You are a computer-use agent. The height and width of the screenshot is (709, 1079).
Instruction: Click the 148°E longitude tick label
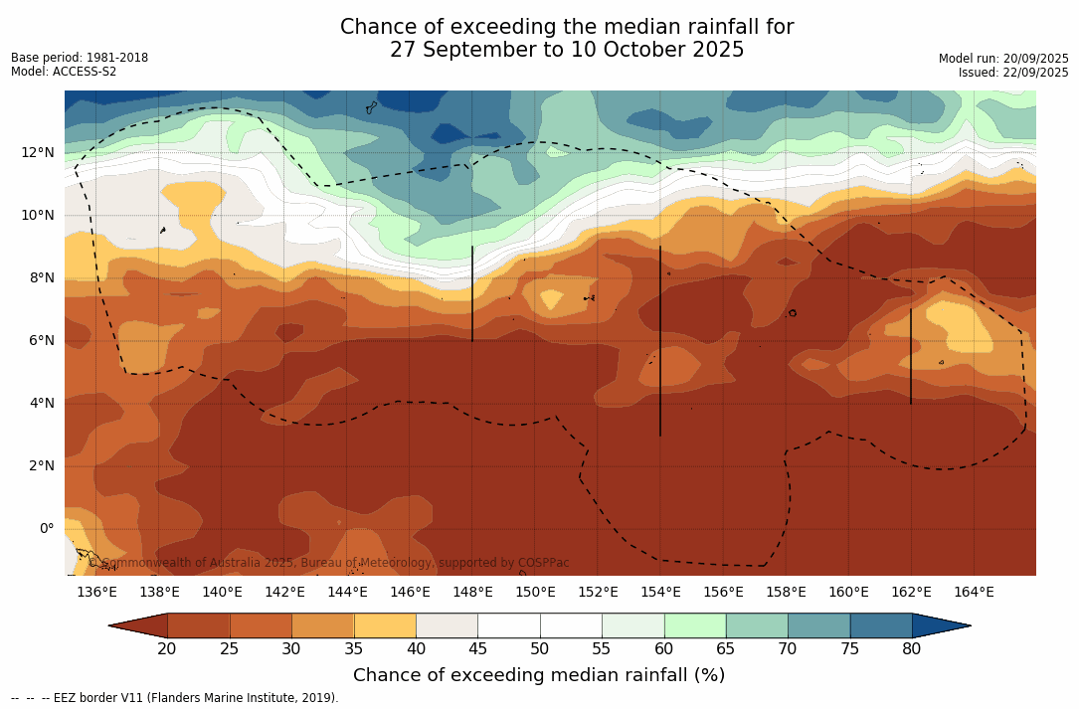point(472,593)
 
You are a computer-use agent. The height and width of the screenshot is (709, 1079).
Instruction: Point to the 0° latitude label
point(46,528)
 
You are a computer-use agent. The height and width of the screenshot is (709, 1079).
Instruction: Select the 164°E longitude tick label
point(974,593)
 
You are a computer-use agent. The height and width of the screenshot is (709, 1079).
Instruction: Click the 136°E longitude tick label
point(96,593)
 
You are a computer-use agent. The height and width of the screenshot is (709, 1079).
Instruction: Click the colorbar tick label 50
point(539,649)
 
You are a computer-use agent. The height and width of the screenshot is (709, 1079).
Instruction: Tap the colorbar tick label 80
point(911,649)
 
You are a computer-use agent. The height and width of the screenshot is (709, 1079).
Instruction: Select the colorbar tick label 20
point(167,649)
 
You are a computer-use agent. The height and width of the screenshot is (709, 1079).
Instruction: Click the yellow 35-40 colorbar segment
point(385,625)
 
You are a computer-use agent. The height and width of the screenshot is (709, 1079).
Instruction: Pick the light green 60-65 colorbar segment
point(695,625)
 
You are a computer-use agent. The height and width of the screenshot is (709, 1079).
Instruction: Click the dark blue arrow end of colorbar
point(941,625)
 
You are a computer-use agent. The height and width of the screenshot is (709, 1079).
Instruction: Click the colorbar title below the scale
point(539,676)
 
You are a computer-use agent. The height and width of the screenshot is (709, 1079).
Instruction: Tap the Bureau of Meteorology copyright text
point(329,563)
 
